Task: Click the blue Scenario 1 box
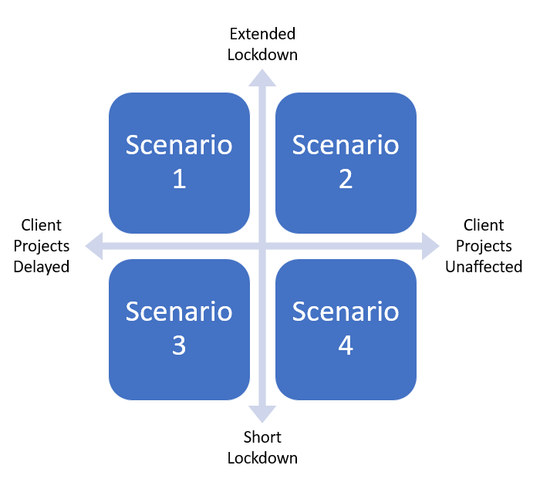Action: point(179,163)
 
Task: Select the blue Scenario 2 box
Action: point(346,163)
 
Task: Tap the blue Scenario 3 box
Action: point(179,329)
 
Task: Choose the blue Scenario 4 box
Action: point(346,329)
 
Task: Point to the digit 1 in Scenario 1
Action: point(179,180)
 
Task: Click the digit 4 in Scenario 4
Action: point(346,346)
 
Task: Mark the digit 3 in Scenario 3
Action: point(179,346)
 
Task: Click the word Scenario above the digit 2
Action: point(346,145)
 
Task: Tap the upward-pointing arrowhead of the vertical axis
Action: point(262,77)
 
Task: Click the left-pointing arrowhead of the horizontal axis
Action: point(93,247)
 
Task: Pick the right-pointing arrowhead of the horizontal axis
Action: point(431,247)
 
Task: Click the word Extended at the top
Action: point(262,34)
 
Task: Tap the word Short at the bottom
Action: point(262,437)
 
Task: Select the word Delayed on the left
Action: point(42,267)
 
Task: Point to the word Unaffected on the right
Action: point(484,267)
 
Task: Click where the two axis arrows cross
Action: point(262,247)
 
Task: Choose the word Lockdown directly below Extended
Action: point(262,55)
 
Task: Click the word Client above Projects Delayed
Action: point(42,225)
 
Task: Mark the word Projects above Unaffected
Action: point(484,246)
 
